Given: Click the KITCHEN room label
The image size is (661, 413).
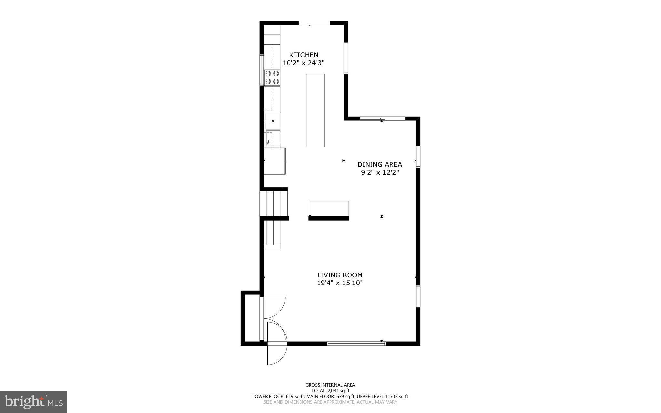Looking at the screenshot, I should coord(303,55).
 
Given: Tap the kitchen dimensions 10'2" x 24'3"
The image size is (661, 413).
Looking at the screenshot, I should coord(303,63).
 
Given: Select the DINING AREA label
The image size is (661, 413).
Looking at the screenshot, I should coord(380,165).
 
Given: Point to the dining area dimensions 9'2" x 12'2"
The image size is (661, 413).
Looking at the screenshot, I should coord(380,173).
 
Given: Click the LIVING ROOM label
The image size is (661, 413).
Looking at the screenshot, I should coord(340,275).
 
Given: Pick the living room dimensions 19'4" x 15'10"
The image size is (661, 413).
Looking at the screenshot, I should coord(340,283).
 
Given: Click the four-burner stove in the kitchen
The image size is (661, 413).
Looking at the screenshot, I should coord(272,77).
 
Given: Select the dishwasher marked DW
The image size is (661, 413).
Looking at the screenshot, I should coord(272,138).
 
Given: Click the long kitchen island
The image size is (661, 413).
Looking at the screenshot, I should coord(315,110).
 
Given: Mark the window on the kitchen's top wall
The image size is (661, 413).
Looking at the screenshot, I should coord(314,23).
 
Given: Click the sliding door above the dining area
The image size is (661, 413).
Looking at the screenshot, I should coord(382,119).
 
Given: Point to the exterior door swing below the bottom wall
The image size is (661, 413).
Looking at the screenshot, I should coord(276,354).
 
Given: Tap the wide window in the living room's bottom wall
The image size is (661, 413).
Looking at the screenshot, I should coord(356,344).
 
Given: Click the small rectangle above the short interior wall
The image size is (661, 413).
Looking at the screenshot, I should coord(329,209).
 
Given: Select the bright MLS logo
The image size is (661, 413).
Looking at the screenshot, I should coord(34,402).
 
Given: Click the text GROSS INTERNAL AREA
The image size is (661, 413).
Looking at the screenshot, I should coord(330,385).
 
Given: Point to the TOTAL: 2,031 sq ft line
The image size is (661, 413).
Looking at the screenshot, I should coord(330,391).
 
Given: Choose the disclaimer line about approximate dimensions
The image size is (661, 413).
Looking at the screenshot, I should coord(330,402).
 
